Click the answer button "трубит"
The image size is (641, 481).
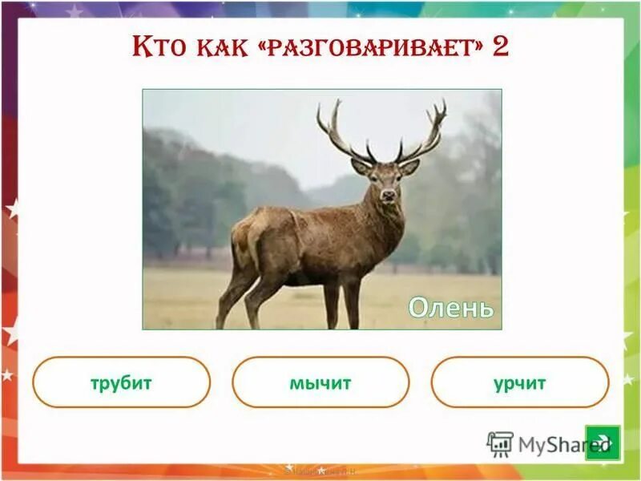(121, 382)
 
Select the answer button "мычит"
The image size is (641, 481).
(320, 382)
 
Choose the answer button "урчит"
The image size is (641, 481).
(520, 382)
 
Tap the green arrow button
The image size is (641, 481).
(603, 442)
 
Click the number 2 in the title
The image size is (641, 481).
(500, 46)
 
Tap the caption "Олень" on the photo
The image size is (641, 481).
(450, 307)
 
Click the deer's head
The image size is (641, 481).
(387, 181)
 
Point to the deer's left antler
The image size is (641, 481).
(341, 132)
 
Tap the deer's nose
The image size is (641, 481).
(389, 195)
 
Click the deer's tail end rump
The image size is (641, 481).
(240, 236)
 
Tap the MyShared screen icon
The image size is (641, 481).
(500, 443)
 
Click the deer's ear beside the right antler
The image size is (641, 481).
(410, 167)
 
